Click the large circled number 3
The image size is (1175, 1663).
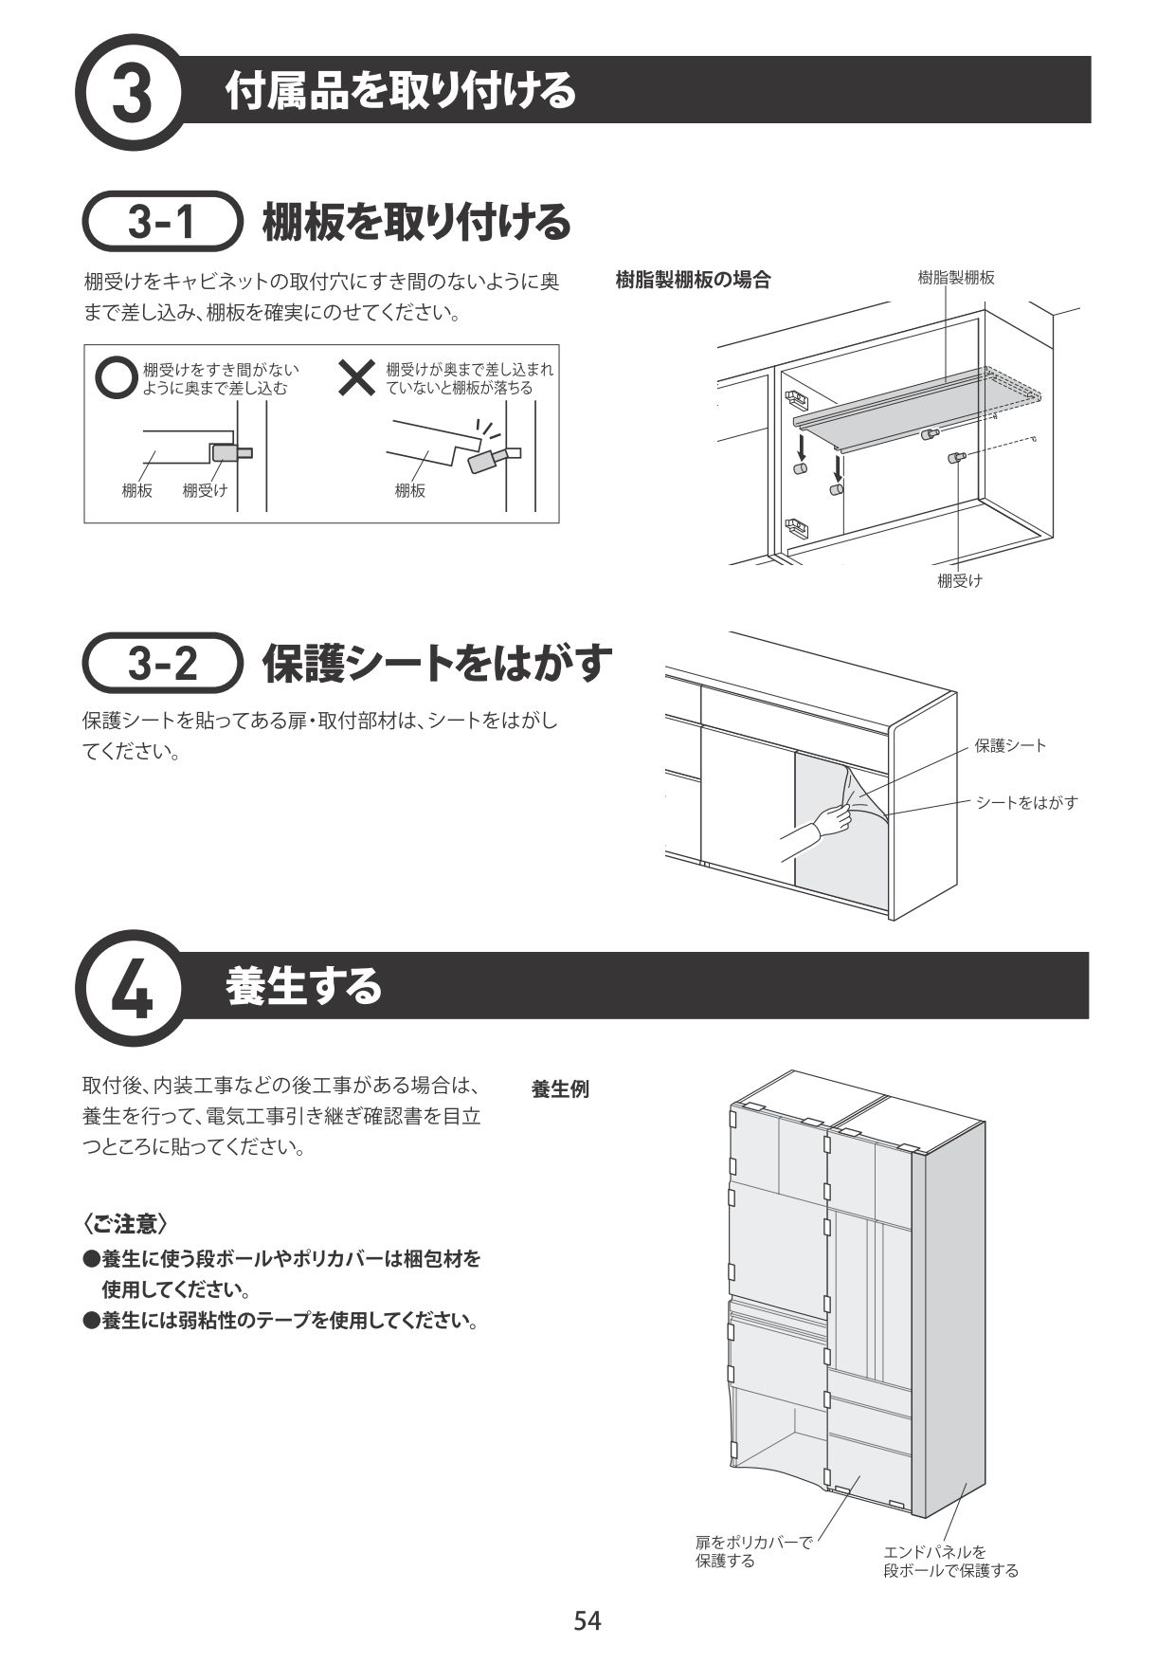click(x=132, y=92)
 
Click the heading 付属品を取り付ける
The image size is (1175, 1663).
click(x=400, y=91)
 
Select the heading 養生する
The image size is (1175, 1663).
click(x=303, y=987)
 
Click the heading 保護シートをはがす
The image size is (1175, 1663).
click(x=437, y=664)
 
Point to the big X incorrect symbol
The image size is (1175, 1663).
click(x=358, y=378)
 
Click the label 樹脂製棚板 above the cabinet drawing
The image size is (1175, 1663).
click(x=955, y=278)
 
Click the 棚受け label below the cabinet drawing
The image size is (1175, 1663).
click(x=959, y=581)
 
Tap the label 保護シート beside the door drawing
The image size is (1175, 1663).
click(x=1010, y=745)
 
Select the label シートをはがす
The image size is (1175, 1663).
click(x=1027, y=802)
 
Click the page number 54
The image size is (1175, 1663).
click(x=587, y=1620)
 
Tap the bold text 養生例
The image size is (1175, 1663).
click(x=560, y=1089)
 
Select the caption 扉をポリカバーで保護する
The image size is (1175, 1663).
click(x=753, y=1551)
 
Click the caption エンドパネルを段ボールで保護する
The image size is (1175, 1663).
click(x=949, y=1561)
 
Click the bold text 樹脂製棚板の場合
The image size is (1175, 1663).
click(x=693, y=280)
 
